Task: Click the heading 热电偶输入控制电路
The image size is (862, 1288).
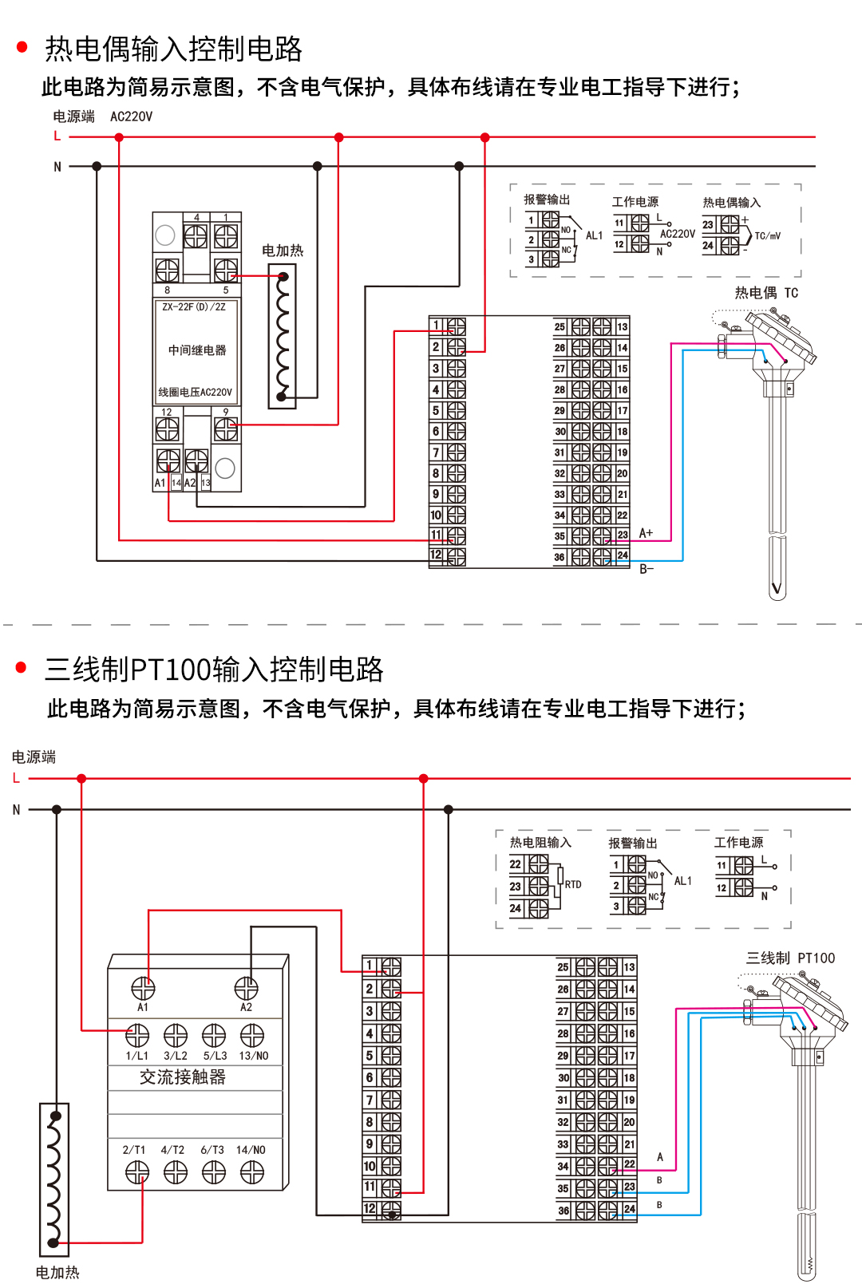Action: (x=173, y=49)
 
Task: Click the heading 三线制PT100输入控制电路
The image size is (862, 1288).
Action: (x=214, y=670)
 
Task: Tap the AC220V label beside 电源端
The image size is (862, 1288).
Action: (x=131, y=117)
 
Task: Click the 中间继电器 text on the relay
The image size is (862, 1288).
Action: (x=197, y=350)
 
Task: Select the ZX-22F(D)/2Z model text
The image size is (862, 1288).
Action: (x=194, y=307)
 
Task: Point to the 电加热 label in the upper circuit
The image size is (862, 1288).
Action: (x=283, y=251)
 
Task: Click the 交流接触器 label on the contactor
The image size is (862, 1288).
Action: (x=183, y=1077)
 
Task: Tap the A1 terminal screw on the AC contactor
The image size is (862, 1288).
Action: (x=143, y=989)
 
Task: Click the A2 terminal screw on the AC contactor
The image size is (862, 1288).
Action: (x=246, y=989)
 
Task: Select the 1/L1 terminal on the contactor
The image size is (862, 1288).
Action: (x=137, y=1036)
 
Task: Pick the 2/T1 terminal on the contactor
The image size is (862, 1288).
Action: (x=137, y=1171)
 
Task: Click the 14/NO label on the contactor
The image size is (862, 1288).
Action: (x=251, y=1150)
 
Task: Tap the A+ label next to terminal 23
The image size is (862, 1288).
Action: (x=646, y=533)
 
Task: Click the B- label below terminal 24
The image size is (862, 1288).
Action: (x=646, y=569)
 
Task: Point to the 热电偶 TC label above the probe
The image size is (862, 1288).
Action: (x=766, y=293)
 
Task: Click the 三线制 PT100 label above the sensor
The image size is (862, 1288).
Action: (x=790, y=958)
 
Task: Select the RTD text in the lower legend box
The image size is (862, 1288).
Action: (x=573, y=885)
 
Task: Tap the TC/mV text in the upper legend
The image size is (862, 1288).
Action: (x=767, y=236)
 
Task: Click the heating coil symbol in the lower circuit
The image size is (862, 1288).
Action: (x=53, y=1178)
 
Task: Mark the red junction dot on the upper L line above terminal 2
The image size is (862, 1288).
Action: (x=484, y=137)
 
